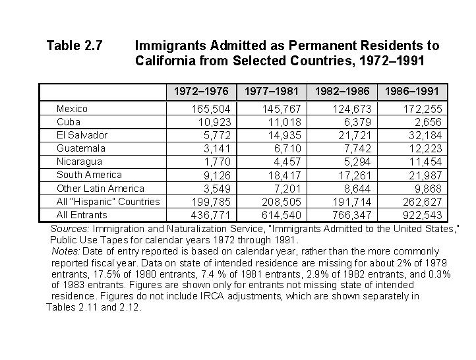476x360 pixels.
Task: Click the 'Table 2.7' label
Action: click(74, 46)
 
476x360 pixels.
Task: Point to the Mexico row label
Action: click(72, 109)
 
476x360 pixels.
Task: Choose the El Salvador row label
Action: click(82, 135)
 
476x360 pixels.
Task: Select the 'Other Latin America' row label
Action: click(100, 189)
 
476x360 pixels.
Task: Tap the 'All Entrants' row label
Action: click(82, 215)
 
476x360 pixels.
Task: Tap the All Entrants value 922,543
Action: click(423, 216)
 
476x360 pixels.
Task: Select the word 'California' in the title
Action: click(164, 61)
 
